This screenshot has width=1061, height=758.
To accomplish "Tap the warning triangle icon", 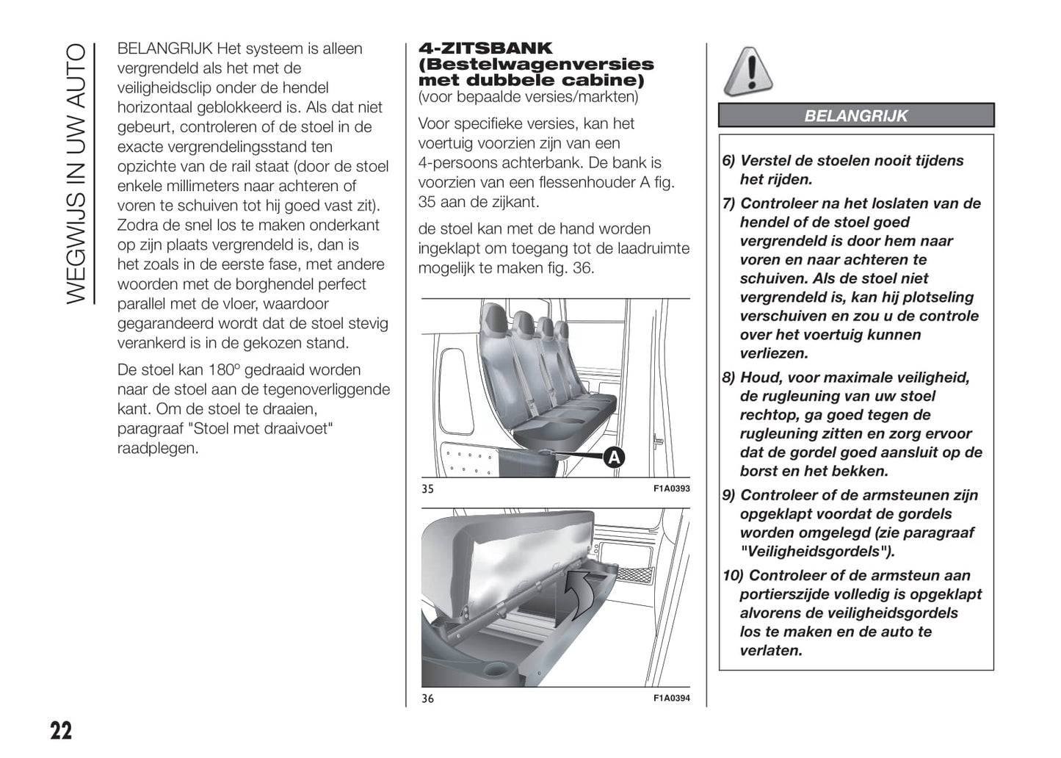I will [x=747, y=72].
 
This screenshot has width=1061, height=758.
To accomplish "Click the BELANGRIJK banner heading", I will [x=855, y=116].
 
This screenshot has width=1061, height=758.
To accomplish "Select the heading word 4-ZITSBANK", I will [x=485, y=48].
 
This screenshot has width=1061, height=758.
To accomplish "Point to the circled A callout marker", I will [x=613, y=458].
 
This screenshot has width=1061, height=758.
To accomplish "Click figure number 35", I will [x=428, y=489].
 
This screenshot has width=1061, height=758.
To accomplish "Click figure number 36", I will [x=428, y=699].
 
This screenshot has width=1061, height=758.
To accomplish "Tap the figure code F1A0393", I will [x=672, y=488].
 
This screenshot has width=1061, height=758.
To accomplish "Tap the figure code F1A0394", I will [x=672, y=698].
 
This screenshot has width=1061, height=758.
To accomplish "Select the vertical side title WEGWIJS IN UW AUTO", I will [x=76, y=173].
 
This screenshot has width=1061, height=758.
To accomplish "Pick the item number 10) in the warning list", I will [x=733, y=576].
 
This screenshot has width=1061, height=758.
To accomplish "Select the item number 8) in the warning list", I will [x=728, y=378].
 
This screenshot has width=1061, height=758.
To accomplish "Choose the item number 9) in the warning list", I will [x=728, y=496].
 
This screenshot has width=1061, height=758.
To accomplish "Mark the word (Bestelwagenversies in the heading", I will [x=536, y=65].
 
